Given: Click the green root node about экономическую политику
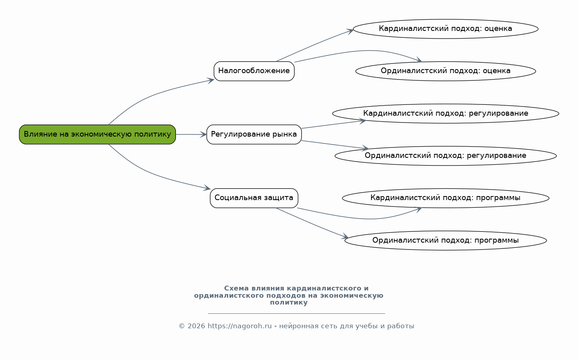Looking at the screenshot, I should [x=97, y=134].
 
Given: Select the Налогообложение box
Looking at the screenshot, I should [x=254, y=71].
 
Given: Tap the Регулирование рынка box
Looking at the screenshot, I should [x=254, y=134].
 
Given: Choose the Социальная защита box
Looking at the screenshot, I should [x=254, y=198].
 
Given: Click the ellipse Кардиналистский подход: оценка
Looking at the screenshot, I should [x=445, y=29].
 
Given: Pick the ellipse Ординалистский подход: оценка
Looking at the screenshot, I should [x=445, y=71].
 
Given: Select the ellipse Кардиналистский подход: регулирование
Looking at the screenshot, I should [x=445, y=114].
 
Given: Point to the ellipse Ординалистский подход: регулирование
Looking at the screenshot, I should [x=445, y=156].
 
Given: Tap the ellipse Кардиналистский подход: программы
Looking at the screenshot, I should [x=445, y=198].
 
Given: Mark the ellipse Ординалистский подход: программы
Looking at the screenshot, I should [x=445, y=240].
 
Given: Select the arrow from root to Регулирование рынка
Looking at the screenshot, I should [x=191, y=134].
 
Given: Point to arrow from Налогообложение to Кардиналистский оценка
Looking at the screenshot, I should [x=313, y=45].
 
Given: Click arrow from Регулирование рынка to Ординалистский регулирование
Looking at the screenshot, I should [x=333, y=145].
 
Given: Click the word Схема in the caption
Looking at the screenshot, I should [x=237, y=288].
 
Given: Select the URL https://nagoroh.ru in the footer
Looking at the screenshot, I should [x=239, y=326].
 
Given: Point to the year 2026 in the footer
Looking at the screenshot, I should [x=196, y=326].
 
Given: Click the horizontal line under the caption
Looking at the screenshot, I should [x=296, y=313].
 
